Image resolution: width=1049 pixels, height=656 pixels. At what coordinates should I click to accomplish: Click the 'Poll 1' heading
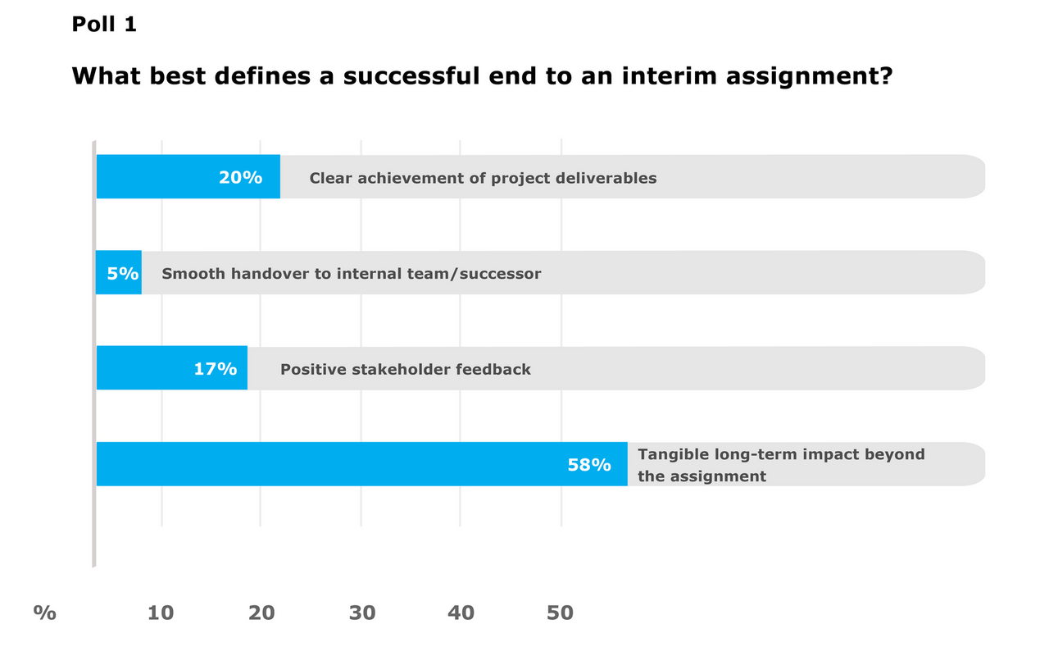tap(104, 25)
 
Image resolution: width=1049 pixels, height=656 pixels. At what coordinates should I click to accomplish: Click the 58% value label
tap(589, 465)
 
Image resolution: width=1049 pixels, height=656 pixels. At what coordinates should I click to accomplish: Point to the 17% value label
tap(216, 369)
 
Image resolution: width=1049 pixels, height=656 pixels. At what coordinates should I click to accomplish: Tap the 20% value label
tap(240, 177)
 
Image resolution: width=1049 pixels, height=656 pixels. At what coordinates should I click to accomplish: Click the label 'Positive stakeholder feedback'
tap(406, 369)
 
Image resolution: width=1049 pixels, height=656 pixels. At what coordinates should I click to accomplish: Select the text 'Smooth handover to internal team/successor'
tap(352, 273)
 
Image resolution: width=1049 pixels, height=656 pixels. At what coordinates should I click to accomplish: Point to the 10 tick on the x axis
tap(161, 613)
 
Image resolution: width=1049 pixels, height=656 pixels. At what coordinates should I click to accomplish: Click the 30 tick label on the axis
tap(361, 613)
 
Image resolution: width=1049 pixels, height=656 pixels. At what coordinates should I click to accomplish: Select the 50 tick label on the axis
tap(561, 613)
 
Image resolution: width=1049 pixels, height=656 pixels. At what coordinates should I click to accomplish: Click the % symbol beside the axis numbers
tap(45, 613)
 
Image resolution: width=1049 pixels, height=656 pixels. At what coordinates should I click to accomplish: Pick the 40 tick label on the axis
tap(461, 613)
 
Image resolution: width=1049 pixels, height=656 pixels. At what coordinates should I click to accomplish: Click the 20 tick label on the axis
tap(261, 613)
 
